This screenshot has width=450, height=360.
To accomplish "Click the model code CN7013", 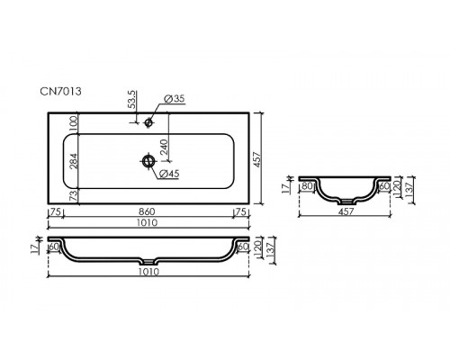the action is (x=60, y=91).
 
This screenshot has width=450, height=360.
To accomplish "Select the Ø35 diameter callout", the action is (x=175, y=99).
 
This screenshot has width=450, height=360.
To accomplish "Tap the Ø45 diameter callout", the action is (x=169, y=174).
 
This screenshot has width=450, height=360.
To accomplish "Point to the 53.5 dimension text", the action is (x=132, y=99).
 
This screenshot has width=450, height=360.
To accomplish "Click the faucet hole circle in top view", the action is (x=148, y=122).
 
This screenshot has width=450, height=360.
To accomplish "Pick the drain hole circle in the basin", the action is (x=148, y=161).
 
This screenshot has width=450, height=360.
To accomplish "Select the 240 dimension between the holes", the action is (x=164, y=147).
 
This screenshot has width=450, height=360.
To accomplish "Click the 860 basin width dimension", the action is (x=147, y=211).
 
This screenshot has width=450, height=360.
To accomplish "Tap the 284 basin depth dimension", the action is (x=74, y=161).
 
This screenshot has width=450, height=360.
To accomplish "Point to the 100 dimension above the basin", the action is (x=74, y=123).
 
